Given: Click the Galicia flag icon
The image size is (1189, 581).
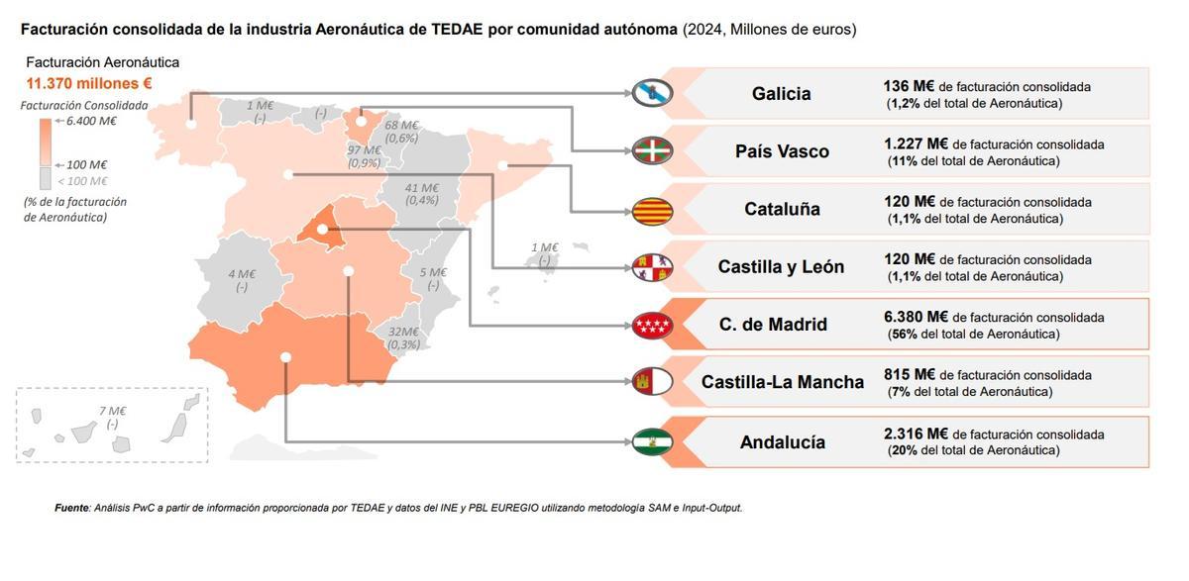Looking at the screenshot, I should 653,93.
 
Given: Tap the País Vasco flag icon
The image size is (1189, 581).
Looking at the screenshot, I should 653,150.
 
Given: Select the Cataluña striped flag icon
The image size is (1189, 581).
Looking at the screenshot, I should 653,209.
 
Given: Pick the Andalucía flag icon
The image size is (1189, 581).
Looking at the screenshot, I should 653,441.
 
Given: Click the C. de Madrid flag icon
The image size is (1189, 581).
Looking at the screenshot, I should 653,325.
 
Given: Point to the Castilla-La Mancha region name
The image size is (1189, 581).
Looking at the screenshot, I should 782,382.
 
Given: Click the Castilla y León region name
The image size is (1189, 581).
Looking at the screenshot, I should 781,266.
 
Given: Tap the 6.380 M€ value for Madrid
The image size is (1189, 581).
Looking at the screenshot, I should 916,317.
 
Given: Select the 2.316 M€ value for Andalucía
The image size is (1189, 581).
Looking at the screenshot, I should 916,434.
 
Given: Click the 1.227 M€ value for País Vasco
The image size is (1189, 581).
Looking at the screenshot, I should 916,144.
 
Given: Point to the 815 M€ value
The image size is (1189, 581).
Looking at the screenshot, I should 909,375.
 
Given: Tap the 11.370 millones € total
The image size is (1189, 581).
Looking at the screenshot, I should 89,82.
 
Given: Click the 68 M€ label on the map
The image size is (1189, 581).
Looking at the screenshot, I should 402,126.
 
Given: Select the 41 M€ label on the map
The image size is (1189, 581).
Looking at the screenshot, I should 422,188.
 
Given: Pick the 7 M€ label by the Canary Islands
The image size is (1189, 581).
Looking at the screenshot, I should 112,411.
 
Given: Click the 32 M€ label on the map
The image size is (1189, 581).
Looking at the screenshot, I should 403,333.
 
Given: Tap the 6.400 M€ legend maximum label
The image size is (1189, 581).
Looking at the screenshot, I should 91,121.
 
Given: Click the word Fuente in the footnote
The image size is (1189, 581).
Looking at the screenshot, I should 72,508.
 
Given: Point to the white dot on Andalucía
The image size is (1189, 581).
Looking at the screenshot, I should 285,356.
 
